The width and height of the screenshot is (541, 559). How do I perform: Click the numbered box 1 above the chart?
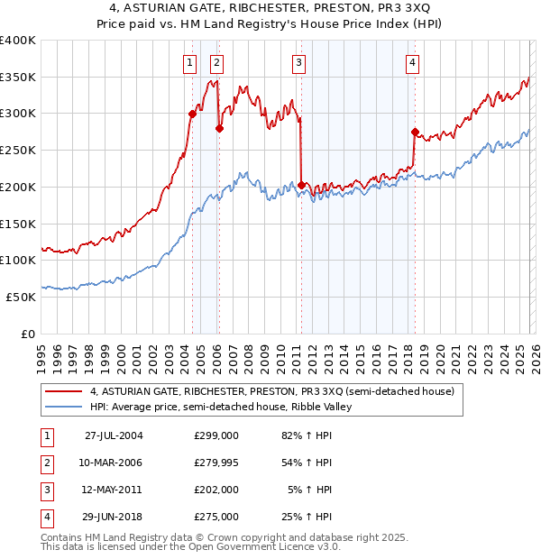[x=190, y=62]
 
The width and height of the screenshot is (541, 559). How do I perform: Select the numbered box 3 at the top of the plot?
[x=298, y=62]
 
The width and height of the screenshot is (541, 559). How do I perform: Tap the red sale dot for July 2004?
[x=192, y=114]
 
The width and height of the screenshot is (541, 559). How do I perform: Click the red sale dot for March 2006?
[x=218, y=128]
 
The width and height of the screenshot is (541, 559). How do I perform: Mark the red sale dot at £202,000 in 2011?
[x=300, y=185]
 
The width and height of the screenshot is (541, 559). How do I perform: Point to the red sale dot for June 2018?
[x=414, y=132]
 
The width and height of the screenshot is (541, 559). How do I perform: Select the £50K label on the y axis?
[x=21, y=297]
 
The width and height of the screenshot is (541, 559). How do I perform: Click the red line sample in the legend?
[x=63, y=391]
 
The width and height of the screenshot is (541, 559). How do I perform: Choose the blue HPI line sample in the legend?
[x=63, y=407]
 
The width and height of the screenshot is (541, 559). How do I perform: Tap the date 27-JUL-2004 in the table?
[x=113, y=435]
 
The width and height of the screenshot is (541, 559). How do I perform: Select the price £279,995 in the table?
[x=215, y=463]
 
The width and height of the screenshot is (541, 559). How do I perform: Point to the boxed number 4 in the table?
[x=46, y=518]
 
